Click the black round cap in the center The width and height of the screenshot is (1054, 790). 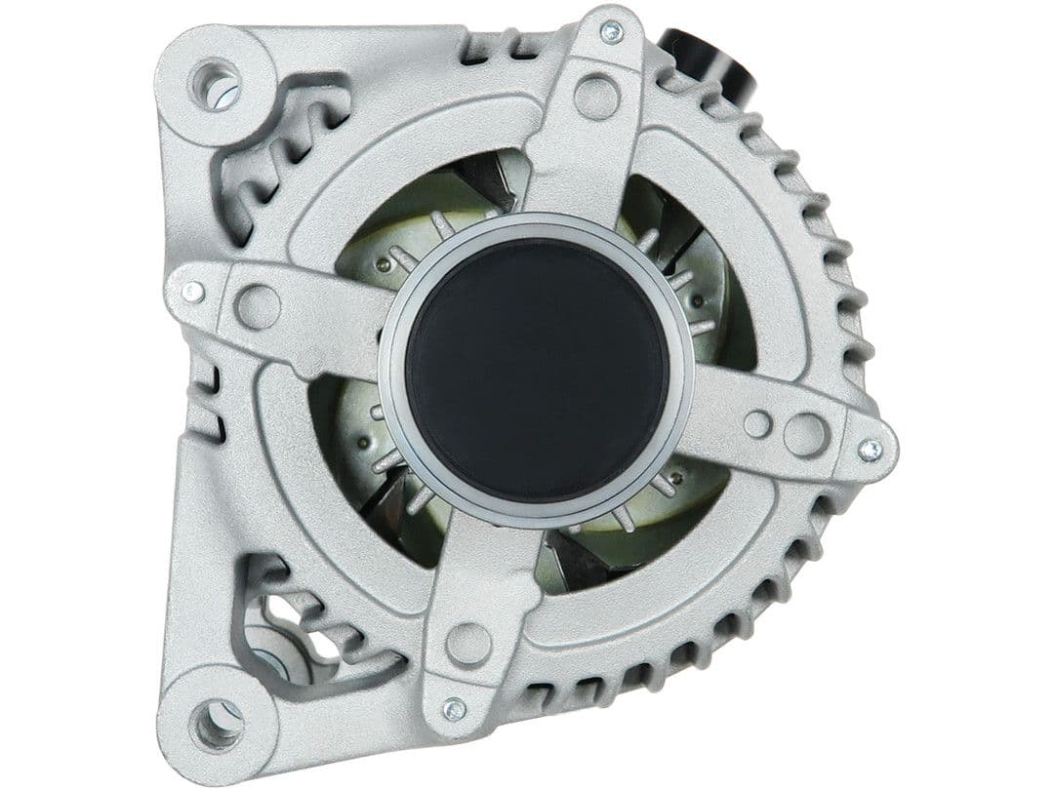pos(537,371)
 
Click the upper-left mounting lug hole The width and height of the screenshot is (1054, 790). pos(216,85)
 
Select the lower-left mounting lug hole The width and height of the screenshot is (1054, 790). pos(216,723)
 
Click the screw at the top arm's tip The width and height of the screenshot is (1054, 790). pos(611,32)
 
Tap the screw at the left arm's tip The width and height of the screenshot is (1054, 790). pos(193,292)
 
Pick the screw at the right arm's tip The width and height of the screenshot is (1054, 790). pos(869,451)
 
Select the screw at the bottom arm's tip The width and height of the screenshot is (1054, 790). pos(453,709)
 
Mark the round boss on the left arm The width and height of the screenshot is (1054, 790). pos(258,306)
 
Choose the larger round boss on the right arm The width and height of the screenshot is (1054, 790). pos(806,434)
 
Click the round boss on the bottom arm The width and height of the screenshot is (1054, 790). pos(467,644)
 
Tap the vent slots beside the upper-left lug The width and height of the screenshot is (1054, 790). pos(273,156)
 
